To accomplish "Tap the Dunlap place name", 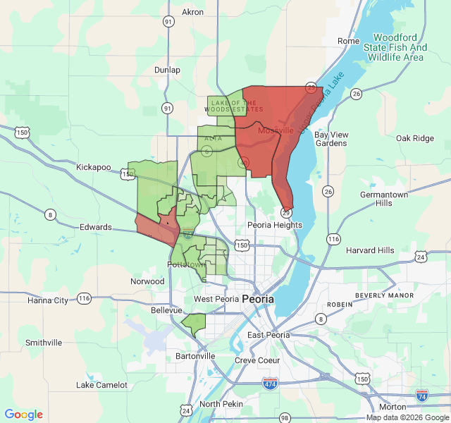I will coord(168,70).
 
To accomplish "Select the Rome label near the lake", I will coord(348,41).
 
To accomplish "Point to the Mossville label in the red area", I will coord(276,130).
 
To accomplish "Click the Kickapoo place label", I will coord(94,167).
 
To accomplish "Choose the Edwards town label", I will coord(96,227).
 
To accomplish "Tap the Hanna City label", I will coord(47,300).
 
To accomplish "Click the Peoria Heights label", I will coord(274,225).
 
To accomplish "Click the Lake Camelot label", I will coord(102,385).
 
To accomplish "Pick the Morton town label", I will coord(392,407).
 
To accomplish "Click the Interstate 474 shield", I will coord(271,384).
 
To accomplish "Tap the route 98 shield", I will coord(284,417).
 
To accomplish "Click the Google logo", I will coord(23,415).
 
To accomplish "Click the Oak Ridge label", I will coord(414,138).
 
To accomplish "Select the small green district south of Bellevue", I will coord(194,324).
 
